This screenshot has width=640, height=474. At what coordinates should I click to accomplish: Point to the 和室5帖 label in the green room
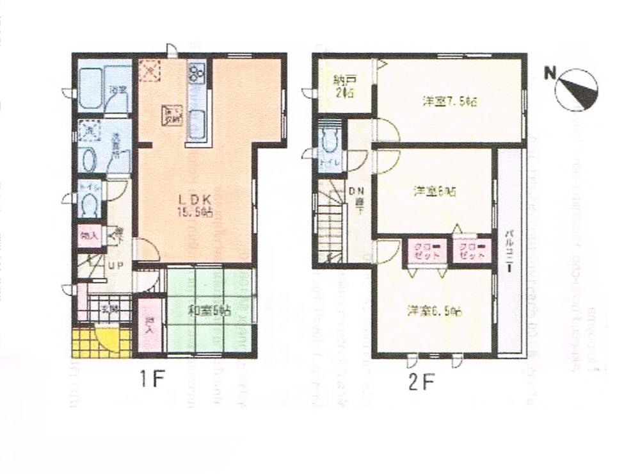tap(209, 311)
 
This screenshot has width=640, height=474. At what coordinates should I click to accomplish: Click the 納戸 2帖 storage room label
tap(344, 86)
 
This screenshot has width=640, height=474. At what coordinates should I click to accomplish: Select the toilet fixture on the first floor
tap(90, 204)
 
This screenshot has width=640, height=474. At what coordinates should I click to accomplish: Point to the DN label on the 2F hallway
tap(356, 190)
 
